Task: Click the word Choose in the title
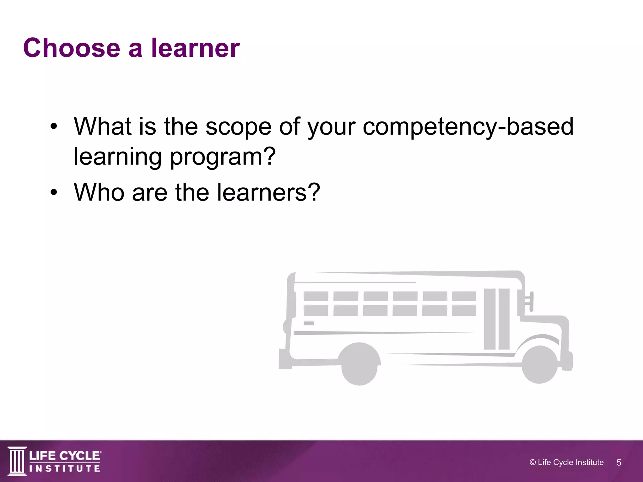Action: coord(72,48)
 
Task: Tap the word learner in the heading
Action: coord(195,48)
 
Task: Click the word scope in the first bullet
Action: coord(238,126)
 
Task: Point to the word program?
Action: coord(223,157)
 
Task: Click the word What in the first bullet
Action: coord(102,126)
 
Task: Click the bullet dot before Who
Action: coord(54,193)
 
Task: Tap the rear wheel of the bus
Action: coord(359,364)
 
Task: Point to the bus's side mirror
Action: coord(530,301)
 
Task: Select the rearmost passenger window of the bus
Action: coord(316,303)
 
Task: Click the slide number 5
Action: coord(619,463)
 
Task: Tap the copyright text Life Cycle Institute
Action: coord(566,463)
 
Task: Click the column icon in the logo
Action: coord(17,461)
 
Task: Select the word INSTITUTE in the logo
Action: coord(65,469)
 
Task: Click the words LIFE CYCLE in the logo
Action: coord(65,456)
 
